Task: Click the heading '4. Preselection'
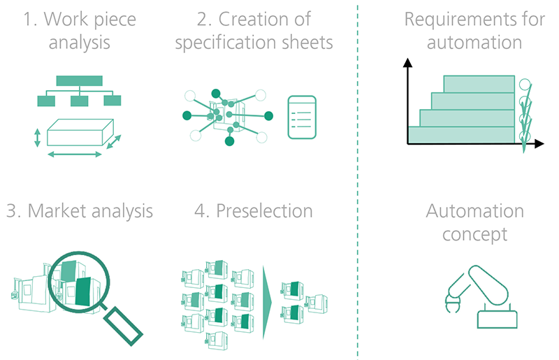254,210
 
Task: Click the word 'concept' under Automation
475,235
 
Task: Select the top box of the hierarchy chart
80,80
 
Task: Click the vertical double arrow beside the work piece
37,138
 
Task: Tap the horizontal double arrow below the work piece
75,154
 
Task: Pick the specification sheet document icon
302,117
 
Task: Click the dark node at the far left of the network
187,115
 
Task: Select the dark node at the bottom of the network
230,141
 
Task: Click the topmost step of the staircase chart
479,84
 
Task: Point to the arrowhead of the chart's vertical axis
407,63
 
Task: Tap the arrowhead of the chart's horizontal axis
539,143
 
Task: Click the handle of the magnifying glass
124,326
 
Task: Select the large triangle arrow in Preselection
267,303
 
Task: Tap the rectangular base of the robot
498,319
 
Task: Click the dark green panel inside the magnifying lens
83,291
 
